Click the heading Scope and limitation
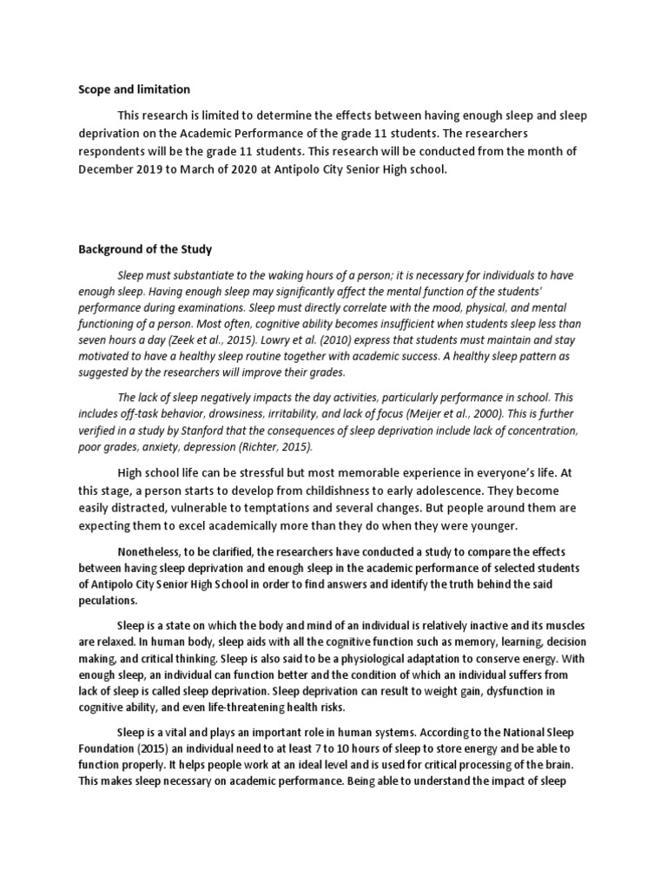pos(134,89)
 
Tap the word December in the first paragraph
pos(108,170)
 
